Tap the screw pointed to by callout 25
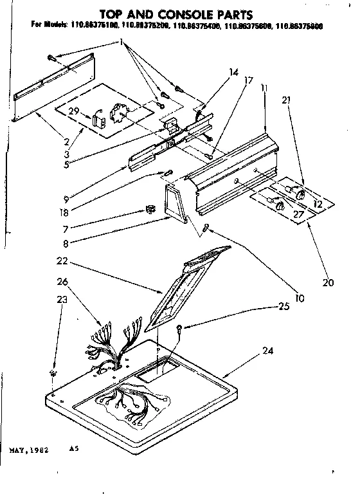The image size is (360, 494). click(x=179, y=329)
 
